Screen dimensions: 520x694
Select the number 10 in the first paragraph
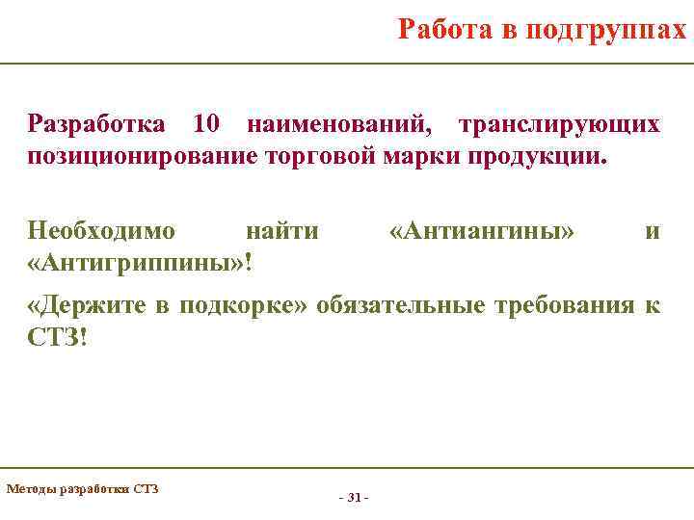coord(207,125)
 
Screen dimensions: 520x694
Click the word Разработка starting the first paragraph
coord(97,125)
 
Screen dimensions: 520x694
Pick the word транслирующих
coord(559,125)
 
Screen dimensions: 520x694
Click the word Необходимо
coord(102,230)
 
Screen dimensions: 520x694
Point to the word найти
coord(281,230)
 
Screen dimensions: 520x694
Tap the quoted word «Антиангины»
coord(482,230)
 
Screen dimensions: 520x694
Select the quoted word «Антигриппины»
coord(134,262)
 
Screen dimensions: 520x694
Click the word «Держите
coord(85,306)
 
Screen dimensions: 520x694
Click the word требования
coord(564,306)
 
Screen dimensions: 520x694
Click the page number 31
coord(354,498)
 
